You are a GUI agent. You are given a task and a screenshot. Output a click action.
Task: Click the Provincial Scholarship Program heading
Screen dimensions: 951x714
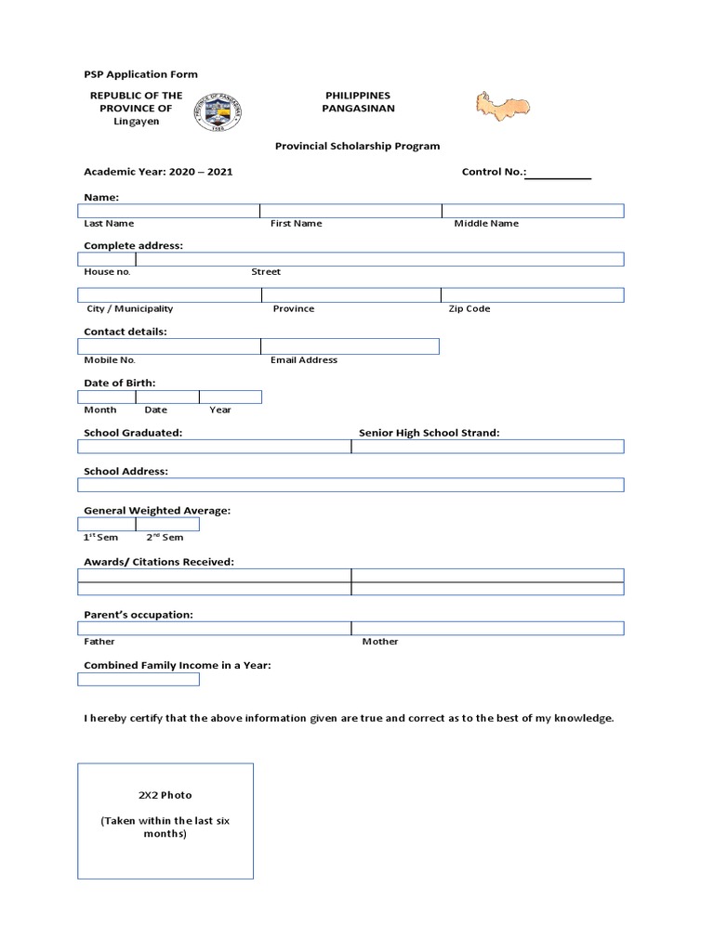coord(357,146)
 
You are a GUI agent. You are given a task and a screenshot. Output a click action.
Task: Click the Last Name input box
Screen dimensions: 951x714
coord(168,211)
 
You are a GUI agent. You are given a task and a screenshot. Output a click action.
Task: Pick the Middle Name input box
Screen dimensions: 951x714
coord(532,211)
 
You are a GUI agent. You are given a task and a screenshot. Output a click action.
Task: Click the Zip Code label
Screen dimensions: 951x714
coord(469,308)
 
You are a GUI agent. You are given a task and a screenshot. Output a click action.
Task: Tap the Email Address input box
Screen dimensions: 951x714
coord(350,346)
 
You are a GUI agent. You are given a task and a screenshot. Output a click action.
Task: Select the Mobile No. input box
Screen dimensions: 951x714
coord(168,346)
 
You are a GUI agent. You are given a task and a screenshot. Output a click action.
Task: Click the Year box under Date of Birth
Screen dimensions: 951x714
coord(230,397)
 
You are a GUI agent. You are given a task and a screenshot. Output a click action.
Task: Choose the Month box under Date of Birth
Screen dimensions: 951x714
coord(106,397)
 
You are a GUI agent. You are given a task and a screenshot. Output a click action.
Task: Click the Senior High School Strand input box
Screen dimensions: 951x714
coord(487,447)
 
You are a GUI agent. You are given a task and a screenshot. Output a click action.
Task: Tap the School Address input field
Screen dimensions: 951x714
coord(350,485)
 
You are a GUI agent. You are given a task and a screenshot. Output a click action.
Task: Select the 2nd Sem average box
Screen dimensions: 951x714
coord(167,524)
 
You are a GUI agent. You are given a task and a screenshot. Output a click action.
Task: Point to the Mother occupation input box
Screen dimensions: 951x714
coord(487,628)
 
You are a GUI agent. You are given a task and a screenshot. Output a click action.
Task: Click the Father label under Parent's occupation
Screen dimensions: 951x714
coord(99,641)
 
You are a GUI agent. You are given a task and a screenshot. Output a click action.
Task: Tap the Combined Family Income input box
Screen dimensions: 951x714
coord(139,679)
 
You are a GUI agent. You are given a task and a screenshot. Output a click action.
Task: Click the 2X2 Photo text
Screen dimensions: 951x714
coord(165,795)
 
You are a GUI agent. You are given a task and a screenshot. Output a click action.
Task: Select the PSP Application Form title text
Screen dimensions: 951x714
coord(140,74)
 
